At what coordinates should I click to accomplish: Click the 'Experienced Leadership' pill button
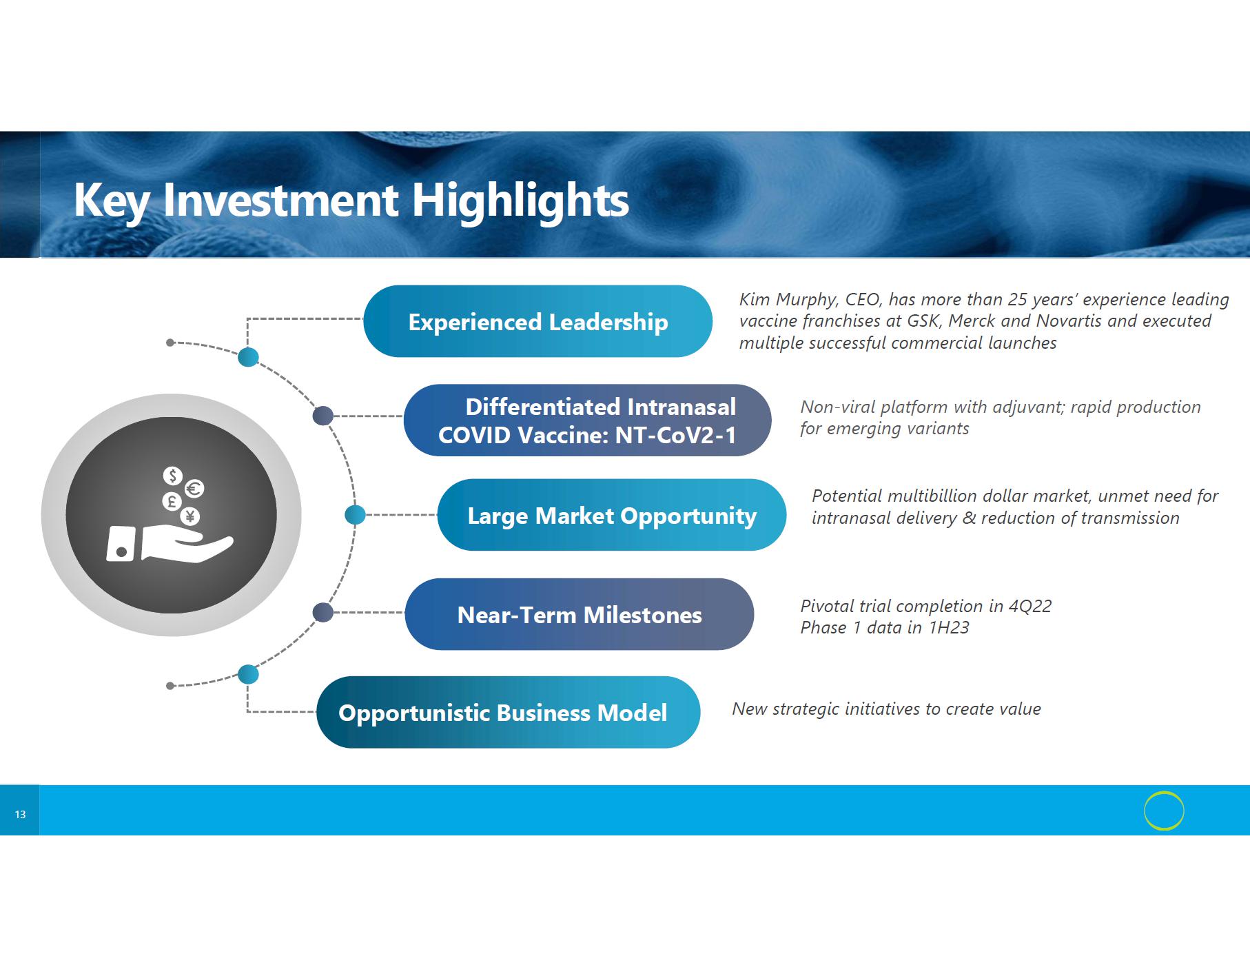tap(537, 321)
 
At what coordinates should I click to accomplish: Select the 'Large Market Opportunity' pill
tap(611, 515)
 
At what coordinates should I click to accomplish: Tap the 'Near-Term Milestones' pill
tap(580, 614)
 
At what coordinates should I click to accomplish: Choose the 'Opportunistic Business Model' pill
tap(509, 712)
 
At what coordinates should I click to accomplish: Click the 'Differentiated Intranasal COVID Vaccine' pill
tap(587, 420)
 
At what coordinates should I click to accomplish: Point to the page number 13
tap(20, 815)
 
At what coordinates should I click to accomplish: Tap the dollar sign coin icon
tap(173, 476)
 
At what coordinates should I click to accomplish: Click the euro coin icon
tap(194, 489)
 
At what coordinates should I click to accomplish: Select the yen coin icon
tap(190, 516)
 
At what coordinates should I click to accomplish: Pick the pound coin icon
tap(172, 501)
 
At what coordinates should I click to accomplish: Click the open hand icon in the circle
tap(170, 543)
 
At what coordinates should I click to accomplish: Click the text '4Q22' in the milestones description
tap(1029, 606)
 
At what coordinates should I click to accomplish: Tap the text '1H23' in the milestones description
tap(949, 627)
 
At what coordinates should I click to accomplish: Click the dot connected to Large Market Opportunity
tap(355, 514)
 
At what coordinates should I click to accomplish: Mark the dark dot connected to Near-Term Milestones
tap(323, 612)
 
